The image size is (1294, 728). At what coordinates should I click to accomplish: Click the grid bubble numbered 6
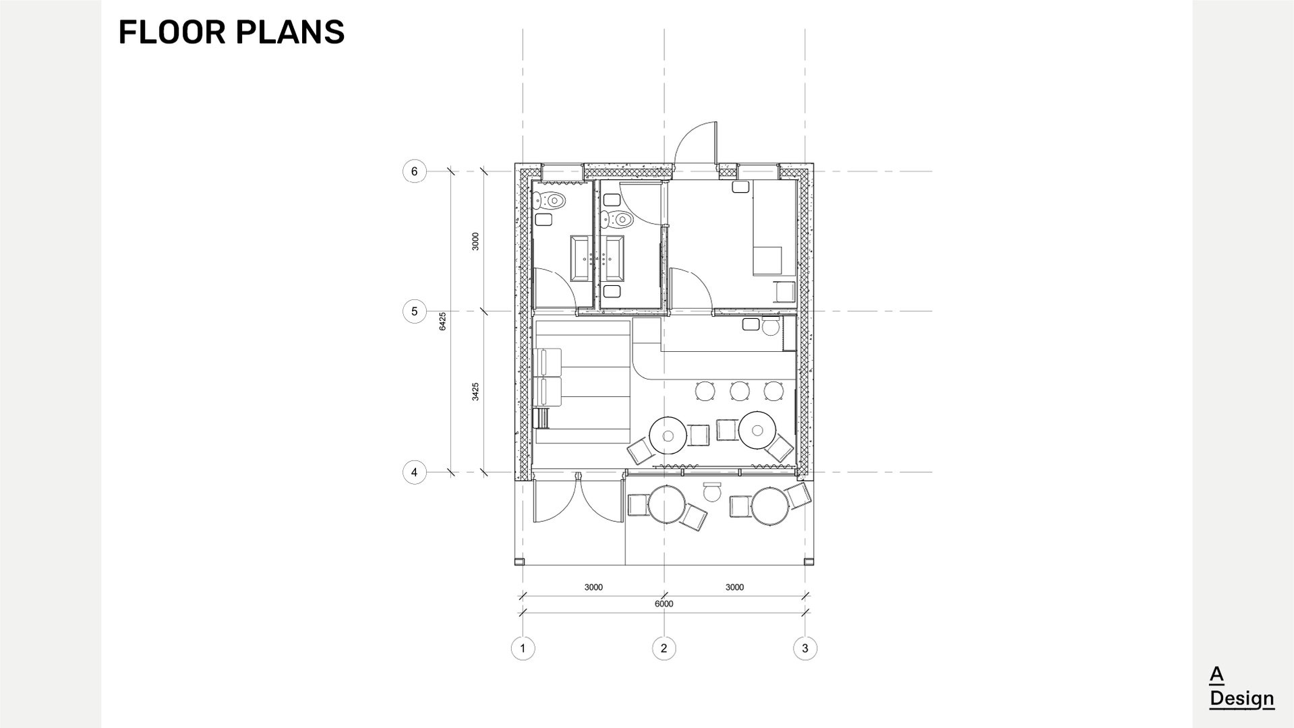414,171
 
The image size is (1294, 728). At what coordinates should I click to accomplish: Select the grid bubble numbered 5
414,311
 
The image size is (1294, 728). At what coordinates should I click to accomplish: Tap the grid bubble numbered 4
414,472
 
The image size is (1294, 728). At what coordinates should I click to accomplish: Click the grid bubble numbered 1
523,648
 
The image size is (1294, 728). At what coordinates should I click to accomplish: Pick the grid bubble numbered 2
664,648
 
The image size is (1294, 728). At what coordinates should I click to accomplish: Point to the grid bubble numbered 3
805,648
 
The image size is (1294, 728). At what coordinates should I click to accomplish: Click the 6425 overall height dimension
442,321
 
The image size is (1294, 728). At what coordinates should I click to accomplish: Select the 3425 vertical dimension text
475,392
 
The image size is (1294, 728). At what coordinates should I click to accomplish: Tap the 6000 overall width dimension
664,604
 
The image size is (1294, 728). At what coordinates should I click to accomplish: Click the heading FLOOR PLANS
231,32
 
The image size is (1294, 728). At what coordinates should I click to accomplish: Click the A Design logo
1241,687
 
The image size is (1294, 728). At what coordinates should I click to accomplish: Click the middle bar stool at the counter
740,390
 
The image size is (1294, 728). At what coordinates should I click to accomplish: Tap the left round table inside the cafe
668,435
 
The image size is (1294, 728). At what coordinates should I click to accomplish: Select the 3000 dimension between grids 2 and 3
734,587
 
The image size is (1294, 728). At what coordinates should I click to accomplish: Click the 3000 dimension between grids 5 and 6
475,241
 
